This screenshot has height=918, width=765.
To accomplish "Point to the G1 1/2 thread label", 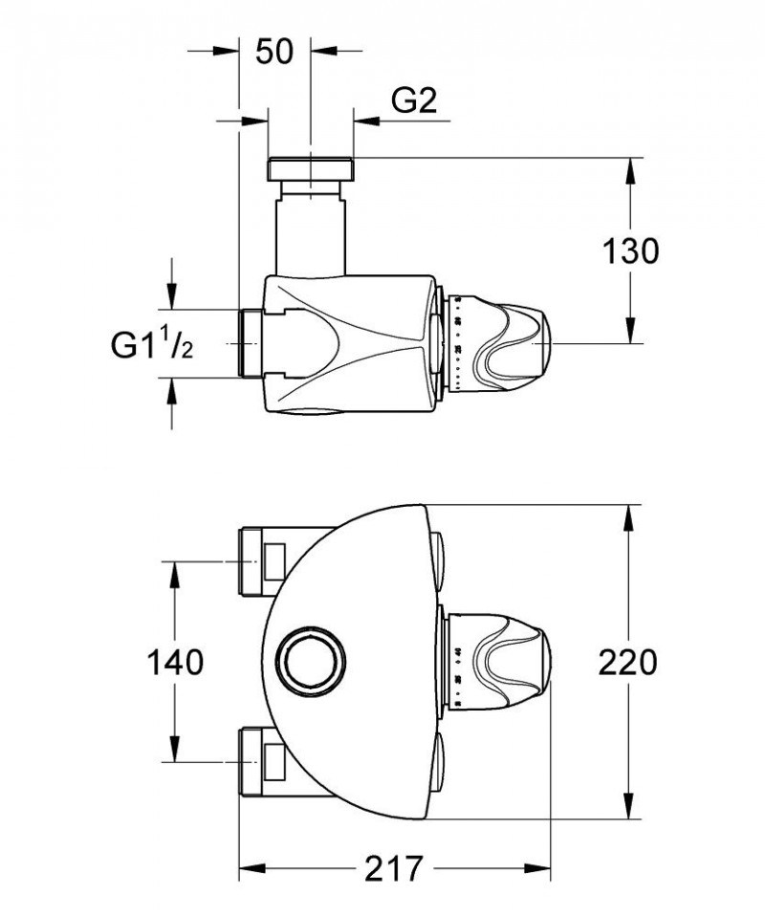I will tap(151, 343).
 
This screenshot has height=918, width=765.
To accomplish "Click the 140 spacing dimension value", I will tap(175, 662).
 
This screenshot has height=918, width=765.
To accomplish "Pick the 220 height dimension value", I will tap(629, 662).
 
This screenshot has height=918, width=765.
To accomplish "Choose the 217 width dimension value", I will tap(393, 869).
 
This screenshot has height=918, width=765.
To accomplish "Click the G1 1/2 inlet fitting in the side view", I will tap(250, 343).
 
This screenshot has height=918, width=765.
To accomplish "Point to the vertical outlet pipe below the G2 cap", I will tap(311, 229).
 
